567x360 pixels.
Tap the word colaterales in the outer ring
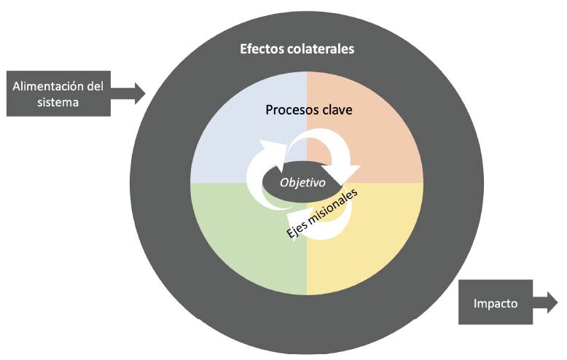coord(321,50)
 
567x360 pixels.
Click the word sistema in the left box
coord(58,102)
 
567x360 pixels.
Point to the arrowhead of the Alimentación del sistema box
coord(138,93)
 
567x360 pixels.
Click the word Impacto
coord(496,303)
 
